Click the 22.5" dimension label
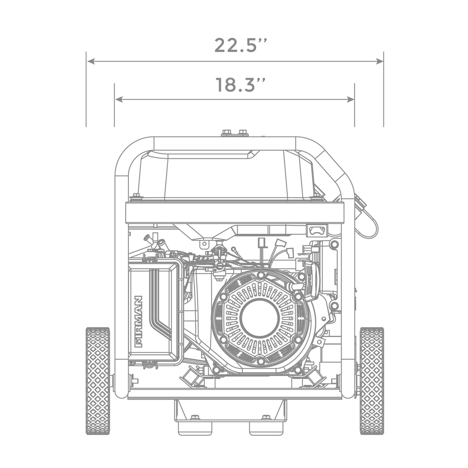240,45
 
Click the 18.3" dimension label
240,85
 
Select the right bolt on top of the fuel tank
242,132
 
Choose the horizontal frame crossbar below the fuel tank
234,213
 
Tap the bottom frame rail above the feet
234,394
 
